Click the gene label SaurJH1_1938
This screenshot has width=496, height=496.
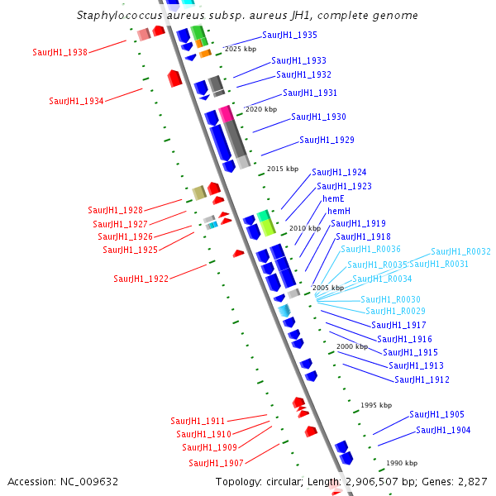60,52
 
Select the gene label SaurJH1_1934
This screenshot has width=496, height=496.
76,101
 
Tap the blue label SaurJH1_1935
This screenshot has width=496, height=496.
289,35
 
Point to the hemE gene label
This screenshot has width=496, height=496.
334,199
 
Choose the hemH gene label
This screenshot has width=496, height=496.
339,212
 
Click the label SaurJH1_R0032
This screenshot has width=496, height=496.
460,251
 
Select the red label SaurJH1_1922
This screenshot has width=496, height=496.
141,279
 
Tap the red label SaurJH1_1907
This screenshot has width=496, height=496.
216,463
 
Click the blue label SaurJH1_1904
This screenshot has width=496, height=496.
443,430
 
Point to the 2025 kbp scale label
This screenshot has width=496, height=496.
241,50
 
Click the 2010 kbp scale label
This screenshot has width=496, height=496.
304,228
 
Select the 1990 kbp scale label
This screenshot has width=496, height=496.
402,463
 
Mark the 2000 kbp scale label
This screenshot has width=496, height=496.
352,346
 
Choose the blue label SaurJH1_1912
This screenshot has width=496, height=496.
422,379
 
